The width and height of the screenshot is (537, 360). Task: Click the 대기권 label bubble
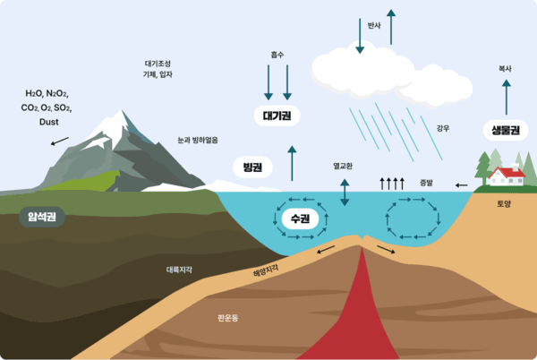click(278, 116)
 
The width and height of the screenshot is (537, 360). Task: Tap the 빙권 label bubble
click(252, 167)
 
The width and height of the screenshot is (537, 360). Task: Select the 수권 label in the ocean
click(300, 219)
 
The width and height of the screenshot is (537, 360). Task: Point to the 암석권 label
click(42, 215)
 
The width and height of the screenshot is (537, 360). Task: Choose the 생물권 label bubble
click(507, 130)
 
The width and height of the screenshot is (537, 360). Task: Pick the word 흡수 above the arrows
click(277, 55)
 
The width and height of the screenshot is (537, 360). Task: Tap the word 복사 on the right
click(506, 68)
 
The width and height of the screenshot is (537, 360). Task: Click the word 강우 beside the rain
click(442, 128)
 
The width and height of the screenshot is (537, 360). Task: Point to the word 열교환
click(343, 167)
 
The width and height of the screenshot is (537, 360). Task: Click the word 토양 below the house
click(505, 204)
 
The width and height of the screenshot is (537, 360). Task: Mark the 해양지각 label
click(267, 269)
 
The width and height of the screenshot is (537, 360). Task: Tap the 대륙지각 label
click(179, 269)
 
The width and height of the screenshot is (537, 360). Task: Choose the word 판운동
click(228, 317)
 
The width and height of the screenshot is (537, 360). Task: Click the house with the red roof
click(507, 176)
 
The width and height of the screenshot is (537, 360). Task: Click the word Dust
click(49, 122)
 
